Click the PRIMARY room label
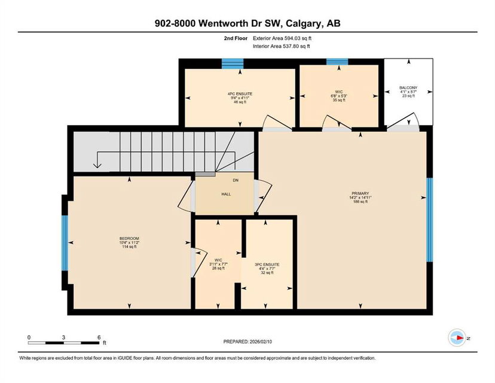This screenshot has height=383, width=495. coord(360,193)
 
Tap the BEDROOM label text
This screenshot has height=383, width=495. coord(129,239)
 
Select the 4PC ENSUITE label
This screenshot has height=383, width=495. coord(240,94)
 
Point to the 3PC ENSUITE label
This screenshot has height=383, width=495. coord(267,265)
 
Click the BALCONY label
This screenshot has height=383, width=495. coord(408,87)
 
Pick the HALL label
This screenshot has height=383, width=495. coord(226,194)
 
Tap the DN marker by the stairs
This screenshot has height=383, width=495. coord(236,180)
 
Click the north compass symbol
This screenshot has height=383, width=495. coord(457,338)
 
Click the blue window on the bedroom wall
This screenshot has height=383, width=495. coord(65,243)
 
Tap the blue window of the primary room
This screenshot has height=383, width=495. coord(430,220)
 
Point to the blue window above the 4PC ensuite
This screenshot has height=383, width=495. coord(233,64)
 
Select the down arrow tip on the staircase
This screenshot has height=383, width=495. coord(97,168)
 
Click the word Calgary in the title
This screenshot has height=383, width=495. coord(304,24)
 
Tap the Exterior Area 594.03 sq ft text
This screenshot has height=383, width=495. coord(282,38)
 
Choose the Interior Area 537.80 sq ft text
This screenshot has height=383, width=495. coord(282,46)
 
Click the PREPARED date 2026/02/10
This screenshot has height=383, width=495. coord(261,342)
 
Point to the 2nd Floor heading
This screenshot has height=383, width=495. coord(236,38)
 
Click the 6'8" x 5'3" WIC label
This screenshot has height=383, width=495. coord(339,96)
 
